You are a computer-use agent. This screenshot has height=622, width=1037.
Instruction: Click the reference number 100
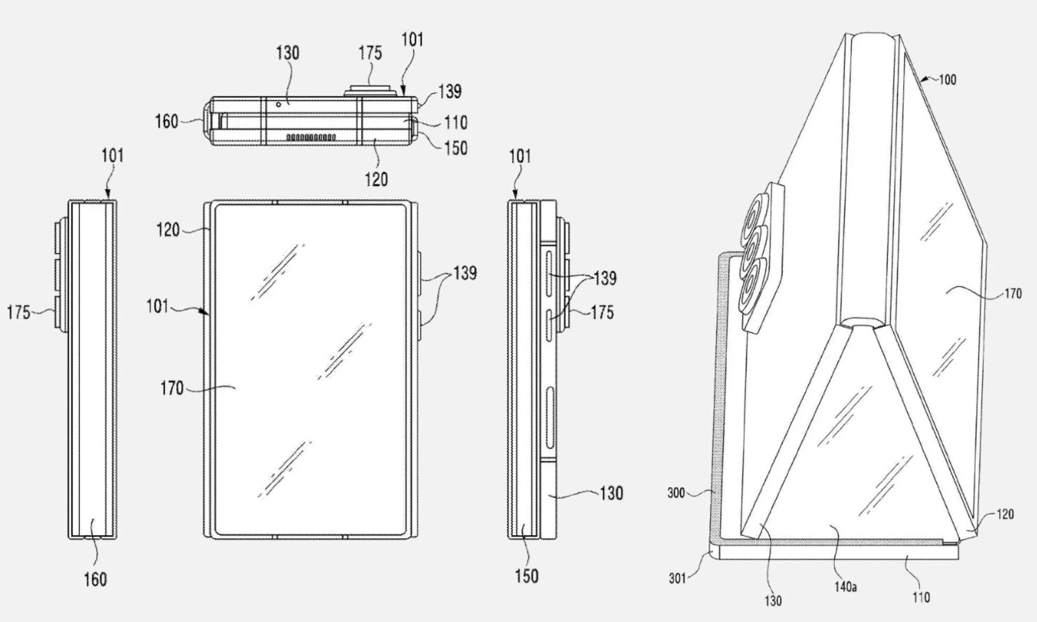947,80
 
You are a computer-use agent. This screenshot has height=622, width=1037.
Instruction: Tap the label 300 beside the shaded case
676,492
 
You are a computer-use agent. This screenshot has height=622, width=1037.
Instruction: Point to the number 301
677,577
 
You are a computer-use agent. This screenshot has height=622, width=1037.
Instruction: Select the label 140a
845,587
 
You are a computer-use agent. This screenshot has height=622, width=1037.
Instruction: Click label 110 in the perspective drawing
921,597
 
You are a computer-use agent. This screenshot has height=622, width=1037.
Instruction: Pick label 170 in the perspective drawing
1013,293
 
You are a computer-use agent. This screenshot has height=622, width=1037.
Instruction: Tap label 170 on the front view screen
172,388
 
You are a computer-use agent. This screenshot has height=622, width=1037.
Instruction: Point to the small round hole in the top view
278,105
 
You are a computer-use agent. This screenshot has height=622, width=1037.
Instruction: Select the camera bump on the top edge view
371,90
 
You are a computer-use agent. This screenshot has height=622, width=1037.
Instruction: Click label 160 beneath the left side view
95,579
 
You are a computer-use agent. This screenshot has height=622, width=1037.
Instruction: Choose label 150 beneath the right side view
526,576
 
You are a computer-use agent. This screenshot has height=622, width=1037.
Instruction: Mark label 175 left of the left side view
18,313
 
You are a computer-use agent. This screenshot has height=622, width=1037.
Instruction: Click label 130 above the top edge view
287,53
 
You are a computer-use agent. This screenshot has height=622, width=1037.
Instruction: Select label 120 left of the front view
168,230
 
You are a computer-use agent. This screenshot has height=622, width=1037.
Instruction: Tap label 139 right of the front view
465,273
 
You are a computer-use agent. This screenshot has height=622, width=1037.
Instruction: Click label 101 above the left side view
113,155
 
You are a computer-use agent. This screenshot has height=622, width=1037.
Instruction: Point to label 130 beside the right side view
611,492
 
